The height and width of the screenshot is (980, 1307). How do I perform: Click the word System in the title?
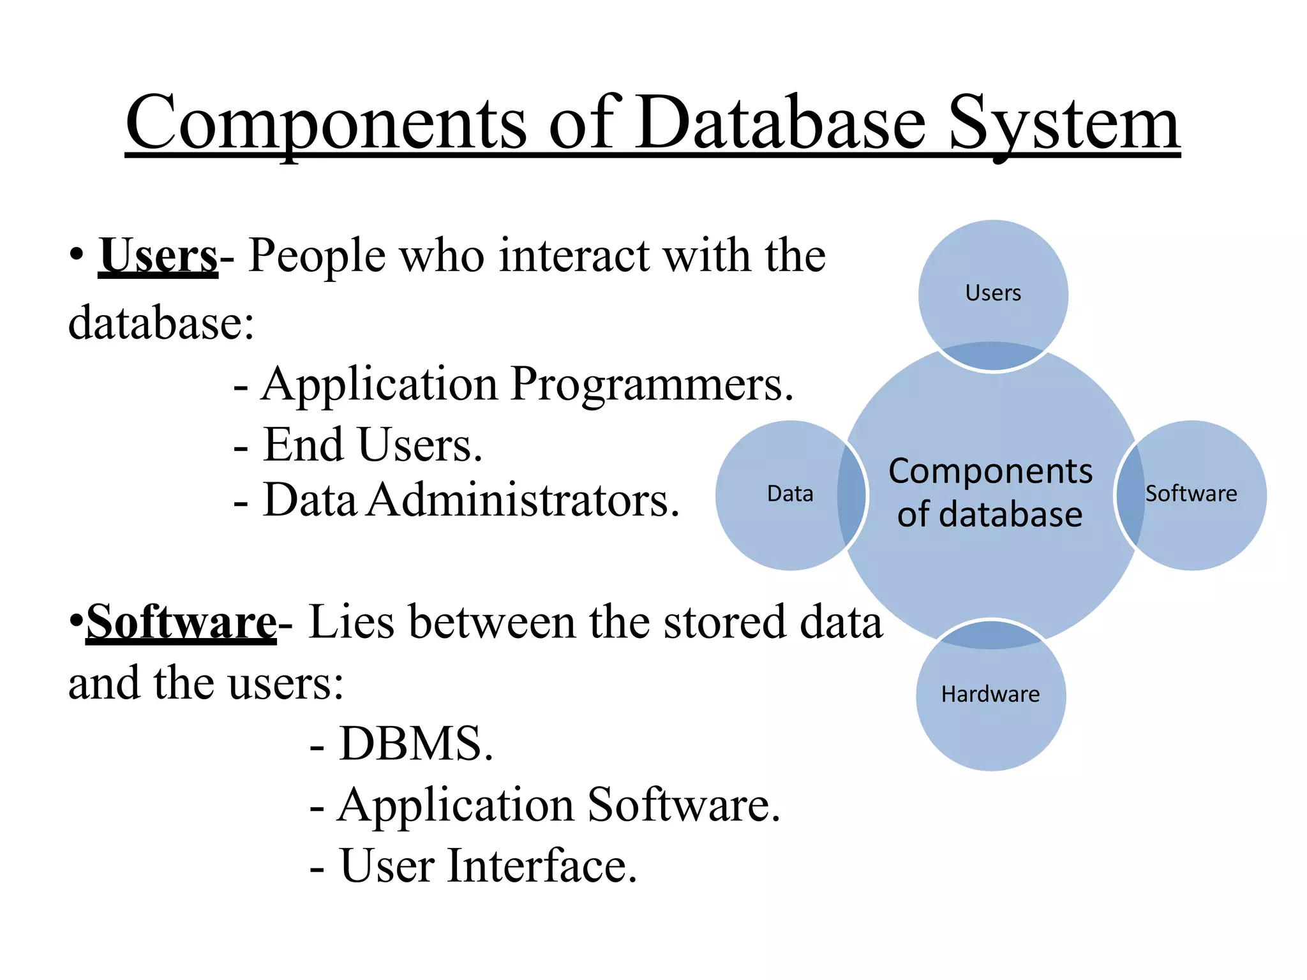(x=1064, y=124)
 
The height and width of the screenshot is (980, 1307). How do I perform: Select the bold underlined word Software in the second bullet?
(x=181, y=622)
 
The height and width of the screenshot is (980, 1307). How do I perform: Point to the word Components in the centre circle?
(x=990, y=472)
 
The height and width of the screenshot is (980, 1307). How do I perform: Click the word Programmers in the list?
(x=651, y=385)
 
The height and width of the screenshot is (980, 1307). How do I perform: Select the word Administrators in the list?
(x=523, y=500)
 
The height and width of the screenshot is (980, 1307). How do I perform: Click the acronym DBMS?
(x=416, y=744)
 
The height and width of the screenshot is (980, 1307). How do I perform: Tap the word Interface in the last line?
(x=541, y=866)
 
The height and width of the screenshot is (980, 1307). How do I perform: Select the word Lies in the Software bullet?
(x=351, y=622)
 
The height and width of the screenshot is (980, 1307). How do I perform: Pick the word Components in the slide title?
(x=325, y=124)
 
